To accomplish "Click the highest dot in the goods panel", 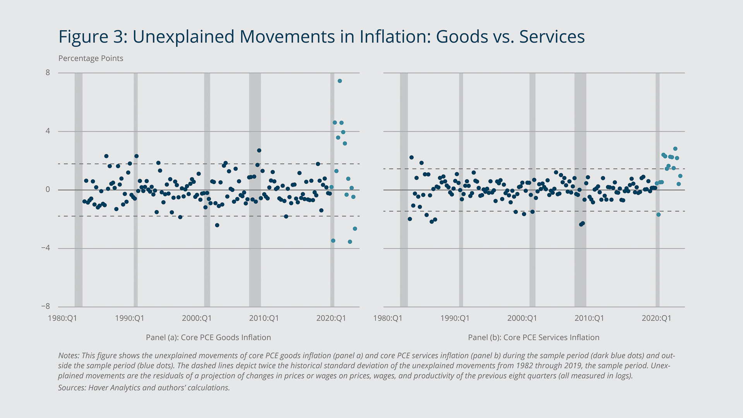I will click(339, 81).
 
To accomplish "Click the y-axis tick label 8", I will click(48, 72).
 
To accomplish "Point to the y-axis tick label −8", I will click(46, 306).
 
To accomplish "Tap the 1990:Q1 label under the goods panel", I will click(129, 318).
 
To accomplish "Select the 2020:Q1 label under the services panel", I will click(656, 318).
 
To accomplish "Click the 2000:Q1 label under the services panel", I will click(522, 318).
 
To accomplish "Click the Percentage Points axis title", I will click(91, 58).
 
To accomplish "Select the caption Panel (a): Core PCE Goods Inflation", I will click(208, 337).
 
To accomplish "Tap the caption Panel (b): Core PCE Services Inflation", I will click(533, 337).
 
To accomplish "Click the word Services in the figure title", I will click(551, 37).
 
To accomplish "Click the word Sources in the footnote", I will click(72, 387).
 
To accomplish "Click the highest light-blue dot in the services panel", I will click(675, 149).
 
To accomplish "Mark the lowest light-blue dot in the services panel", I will click(658, 214).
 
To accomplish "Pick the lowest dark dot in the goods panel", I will click(217, 225).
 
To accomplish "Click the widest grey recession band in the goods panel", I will click(255, 190).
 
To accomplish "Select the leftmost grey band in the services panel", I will click(404, 190).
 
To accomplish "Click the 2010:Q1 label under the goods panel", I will click(264, 318).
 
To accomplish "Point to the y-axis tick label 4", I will click(48, 131).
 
